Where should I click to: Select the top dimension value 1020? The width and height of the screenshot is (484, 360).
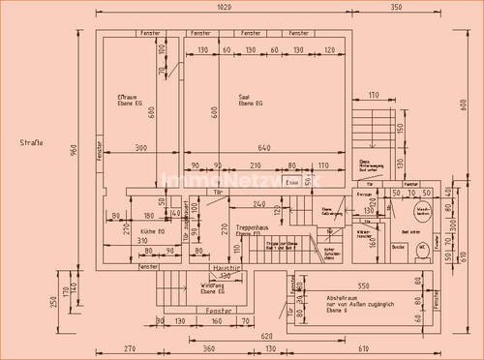coord(224,7)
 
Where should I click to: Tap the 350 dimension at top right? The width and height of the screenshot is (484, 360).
coord(397,7)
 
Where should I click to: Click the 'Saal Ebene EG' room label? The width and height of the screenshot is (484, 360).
coord(246,100)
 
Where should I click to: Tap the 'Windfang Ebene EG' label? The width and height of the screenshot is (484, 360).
coord(212,287)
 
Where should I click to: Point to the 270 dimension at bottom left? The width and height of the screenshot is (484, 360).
coord(131,347)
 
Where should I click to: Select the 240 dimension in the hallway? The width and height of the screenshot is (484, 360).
coord(257,204)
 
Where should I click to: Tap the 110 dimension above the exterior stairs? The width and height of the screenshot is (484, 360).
coord(373,95)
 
